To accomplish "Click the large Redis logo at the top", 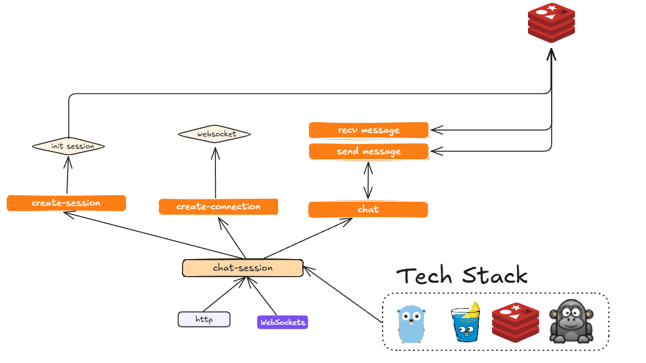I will coord(551,22).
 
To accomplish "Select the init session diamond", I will coord(68,147).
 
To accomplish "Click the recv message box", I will coord(369,130).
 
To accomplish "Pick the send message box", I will coord(369,151).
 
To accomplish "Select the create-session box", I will coord(66,203).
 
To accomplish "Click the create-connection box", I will coord(218,207).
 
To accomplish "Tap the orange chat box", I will coord(368,210).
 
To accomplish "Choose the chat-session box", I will coord(243,268).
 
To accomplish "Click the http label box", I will coord(204,319).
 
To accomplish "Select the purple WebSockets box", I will coord(282,322).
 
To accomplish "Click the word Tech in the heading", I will coord(423,276).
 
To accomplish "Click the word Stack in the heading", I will coord(495,276).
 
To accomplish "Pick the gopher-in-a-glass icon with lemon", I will coord(467,322).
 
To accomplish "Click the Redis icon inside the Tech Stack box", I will coord(516,322).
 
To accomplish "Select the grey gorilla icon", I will coord(571,322).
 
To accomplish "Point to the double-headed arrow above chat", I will coord(368,181).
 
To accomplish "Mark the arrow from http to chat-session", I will coord(225,294).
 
